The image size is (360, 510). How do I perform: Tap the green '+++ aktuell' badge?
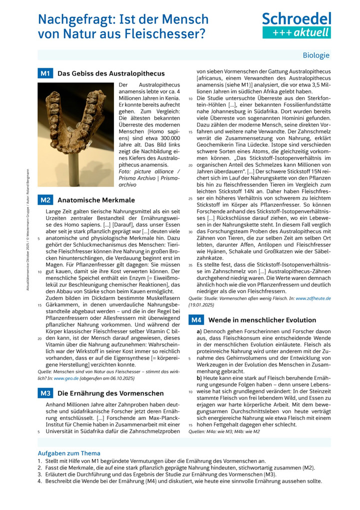click(297, 33)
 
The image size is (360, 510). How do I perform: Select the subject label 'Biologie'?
click(316, 56)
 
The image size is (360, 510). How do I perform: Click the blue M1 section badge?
click(45, 74)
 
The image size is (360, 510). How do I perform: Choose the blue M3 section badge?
click(45, 393)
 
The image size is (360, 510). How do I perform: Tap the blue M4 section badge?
click(196, 320)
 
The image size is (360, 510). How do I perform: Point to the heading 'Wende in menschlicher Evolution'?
click(262, 320)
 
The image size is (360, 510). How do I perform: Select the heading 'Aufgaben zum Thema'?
click(69, 453)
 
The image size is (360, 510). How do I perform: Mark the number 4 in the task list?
click(39, 481)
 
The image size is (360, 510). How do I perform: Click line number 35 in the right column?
click(190, 265)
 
